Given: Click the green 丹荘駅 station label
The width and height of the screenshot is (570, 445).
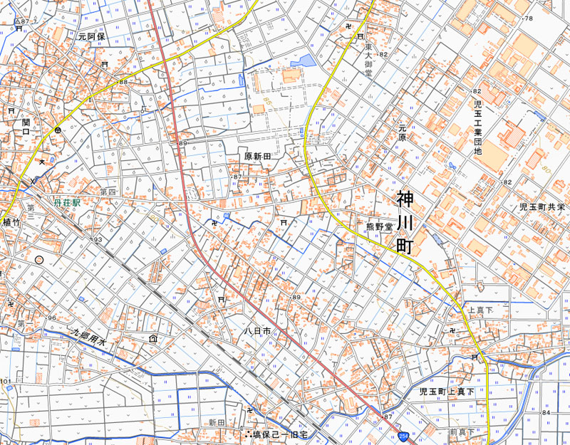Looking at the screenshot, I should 67,203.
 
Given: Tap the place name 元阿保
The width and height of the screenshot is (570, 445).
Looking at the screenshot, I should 92,36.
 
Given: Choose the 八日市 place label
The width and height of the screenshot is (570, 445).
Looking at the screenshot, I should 256,331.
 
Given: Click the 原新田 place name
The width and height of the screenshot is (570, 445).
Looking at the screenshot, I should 258,156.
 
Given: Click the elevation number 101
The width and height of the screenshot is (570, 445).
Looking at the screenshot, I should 6,382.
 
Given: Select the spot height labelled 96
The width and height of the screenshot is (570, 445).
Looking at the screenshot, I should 51,318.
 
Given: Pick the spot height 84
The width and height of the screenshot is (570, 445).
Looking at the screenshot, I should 547,412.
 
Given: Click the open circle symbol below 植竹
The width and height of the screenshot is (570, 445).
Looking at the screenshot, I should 39,260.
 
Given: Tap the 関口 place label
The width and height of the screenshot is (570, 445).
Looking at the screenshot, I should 26,127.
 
